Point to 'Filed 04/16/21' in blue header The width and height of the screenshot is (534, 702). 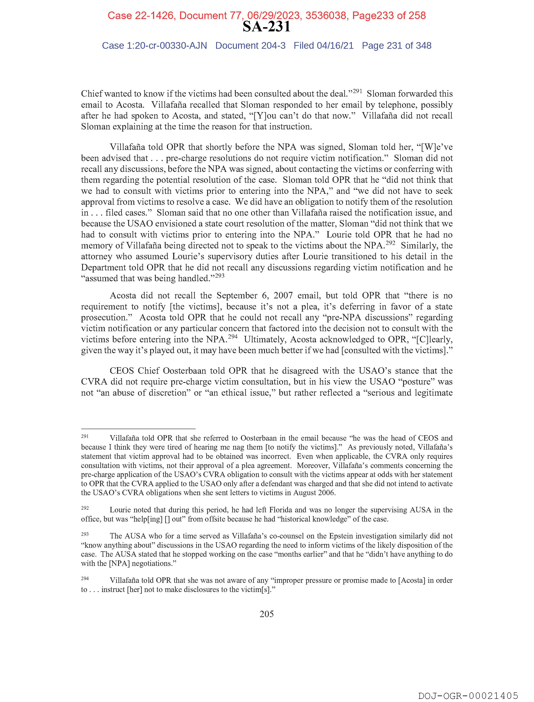323,46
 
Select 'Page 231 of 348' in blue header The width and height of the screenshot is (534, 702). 396,46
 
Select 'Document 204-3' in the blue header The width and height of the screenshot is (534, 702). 250,46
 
